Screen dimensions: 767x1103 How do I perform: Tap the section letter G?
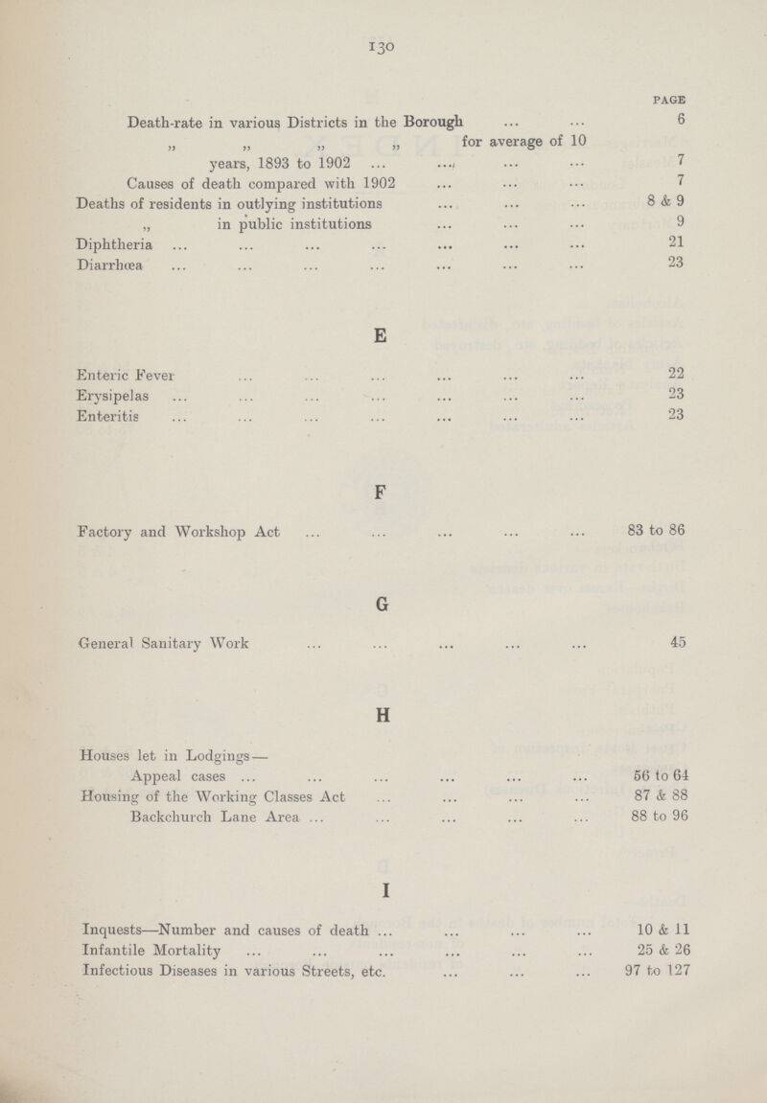[x=382, y=606]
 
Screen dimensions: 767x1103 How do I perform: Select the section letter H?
[x=382, y=713]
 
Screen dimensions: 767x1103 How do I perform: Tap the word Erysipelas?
[x=114, y=392]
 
